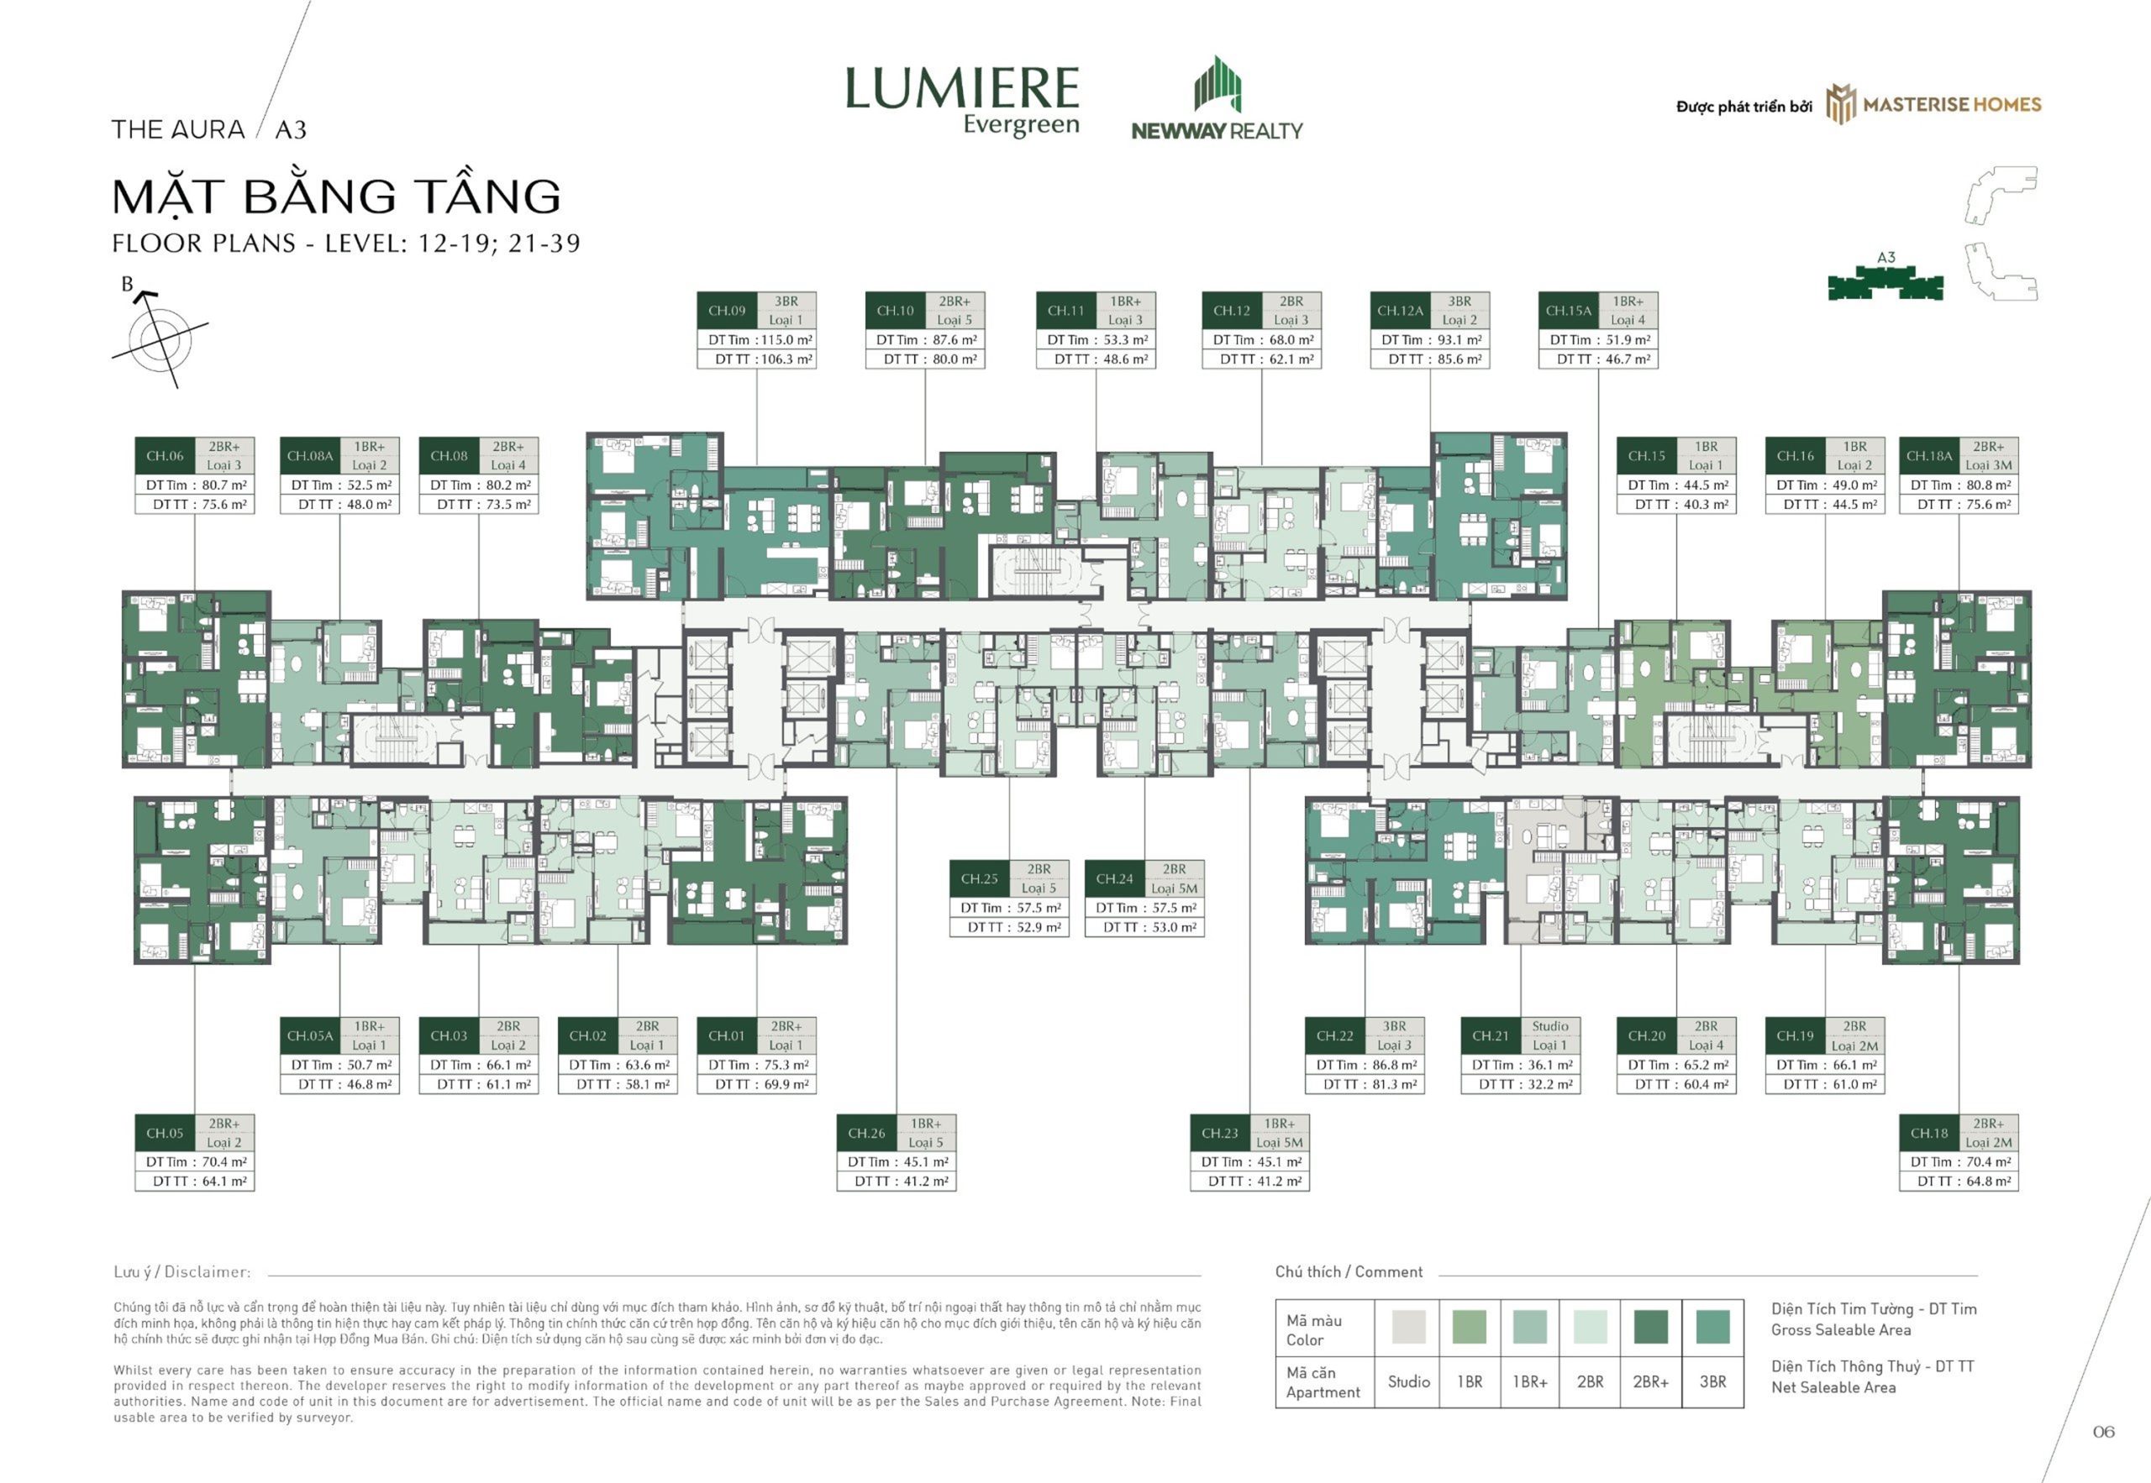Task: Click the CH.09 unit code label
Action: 727,312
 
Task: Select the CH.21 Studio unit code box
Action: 1490,1036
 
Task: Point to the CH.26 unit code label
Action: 866,1134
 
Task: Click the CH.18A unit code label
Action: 1929,456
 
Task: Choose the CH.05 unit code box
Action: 165,1134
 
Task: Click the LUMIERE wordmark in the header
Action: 962,88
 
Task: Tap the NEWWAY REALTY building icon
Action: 1217,85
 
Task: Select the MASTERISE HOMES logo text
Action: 1952,105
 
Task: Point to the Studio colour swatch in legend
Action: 1408,1326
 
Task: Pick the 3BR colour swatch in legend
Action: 1712,1326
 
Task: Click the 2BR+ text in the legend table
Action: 1651,1381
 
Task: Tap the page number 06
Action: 2104,1432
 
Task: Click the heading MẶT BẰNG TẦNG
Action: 336,195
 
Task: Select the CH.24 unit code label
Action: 1114,879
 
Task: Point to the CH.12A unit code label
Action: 1400,312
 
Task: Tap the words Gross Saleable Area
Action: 1840,1329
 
